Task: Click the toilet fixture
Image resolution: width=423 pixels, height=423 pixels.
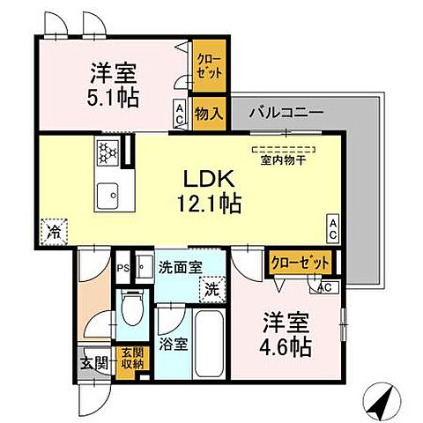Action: pyautogui.click(x=131, y=310)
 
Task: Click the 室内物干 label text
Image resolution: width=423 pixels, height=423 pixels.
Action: pyautogui.click(x=284, y=159)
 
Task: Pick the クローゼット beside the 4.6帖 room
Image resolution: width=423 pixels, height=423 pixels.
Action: pyautogui.click(x=300, y=263)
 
